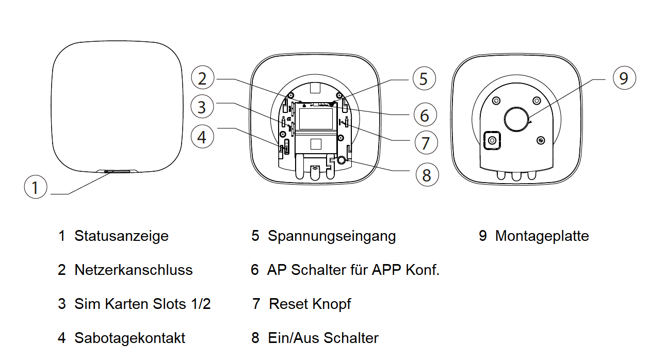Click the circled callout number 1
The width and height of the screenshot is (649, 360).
[x=35, y=187]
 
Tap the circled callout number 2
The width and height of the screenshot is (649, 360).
[x=202, y=78]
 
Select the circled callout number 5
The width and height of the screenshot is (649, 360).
[x=424, y=79]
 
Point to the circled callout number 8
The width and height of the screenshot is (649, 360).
[x=427, y=175]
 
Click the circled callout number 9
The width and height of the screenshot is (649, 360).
[x=624, y=78]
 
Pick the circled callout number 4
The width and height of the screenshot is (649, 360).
[x=202, y=137]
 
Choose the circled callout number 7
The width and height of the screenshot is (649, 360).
[x=425, y=143]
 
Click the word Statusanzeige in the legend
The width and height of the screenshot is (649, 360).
[x=121, y=236]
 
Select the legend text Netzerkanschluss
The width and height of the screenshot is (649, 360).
[x=133, y=270]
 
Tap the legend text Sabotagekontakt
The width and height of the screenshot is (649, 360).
[x=129, y=338]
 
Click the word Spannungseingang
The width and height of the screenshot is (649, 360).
[x=332, y=236]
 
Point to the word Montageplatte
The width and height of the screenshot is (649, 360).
[x=542, y=236]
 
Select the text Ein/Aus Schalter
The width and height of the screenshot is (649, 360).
[x=323, y=338]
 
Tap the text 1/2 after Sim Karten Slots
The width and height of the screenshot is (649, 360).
[x=200, y=304]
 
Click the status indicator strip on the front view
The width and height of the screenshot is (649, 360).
[x=118, y=171]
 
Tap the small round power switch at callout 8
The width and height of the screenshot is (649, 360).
[x=342, y=160]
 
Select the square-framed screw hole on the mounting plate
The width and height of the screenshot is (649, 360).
[x=492, y=140]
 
